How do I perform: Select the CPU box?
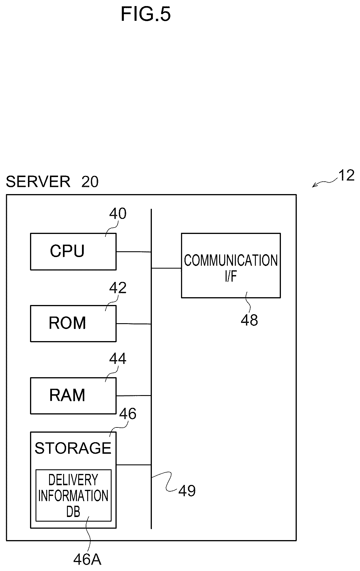pyautogui.click(x=73, y=252)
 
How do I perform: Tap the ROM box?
pyautogui.click(x=73, y=323)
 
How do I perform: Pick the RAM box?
pyautogui.click(x=73, y=396)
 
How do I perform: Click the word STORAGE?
pyautogui.click(x=73, y=448)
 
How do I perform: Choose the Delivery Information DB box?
pyautogui.click(x=73, y=495)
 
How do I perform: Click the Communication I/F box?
pyautogui.click(x=231, y=265)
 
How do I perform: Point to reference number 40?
pyautogui.click(x=118, y=214)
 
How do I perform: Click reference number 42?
pyautogui.click(x=118, y=288)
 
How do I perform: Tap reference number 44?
pyautogui.click(x=118, y=359)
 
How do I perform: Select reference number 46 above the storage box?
pyautogui.click(x=128, y=414)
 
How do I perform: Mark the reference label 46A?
pyautogui.click(x=87, y=559)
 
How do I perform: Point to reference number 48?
pyautogui.click(x=249, y=320)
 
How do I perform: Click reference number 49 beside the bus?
pyautogui.click(x=187, y=490)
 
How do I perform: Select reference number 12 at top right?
pyautogui.click(x=346, y=175)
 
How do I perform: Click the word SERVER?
pyautogui.click(x=38, y=182)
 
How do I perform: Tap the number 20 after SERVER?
pyautogui.click(x=90, y=182)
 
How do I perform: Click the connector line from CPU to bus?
pyautogui.click(x=134, y=252)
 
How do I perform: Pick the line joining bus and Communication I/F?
pyautogui.click(x=166, y=268)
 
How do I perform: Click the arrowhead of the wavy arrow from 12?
pyautogui.click(x=313, y=187)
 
